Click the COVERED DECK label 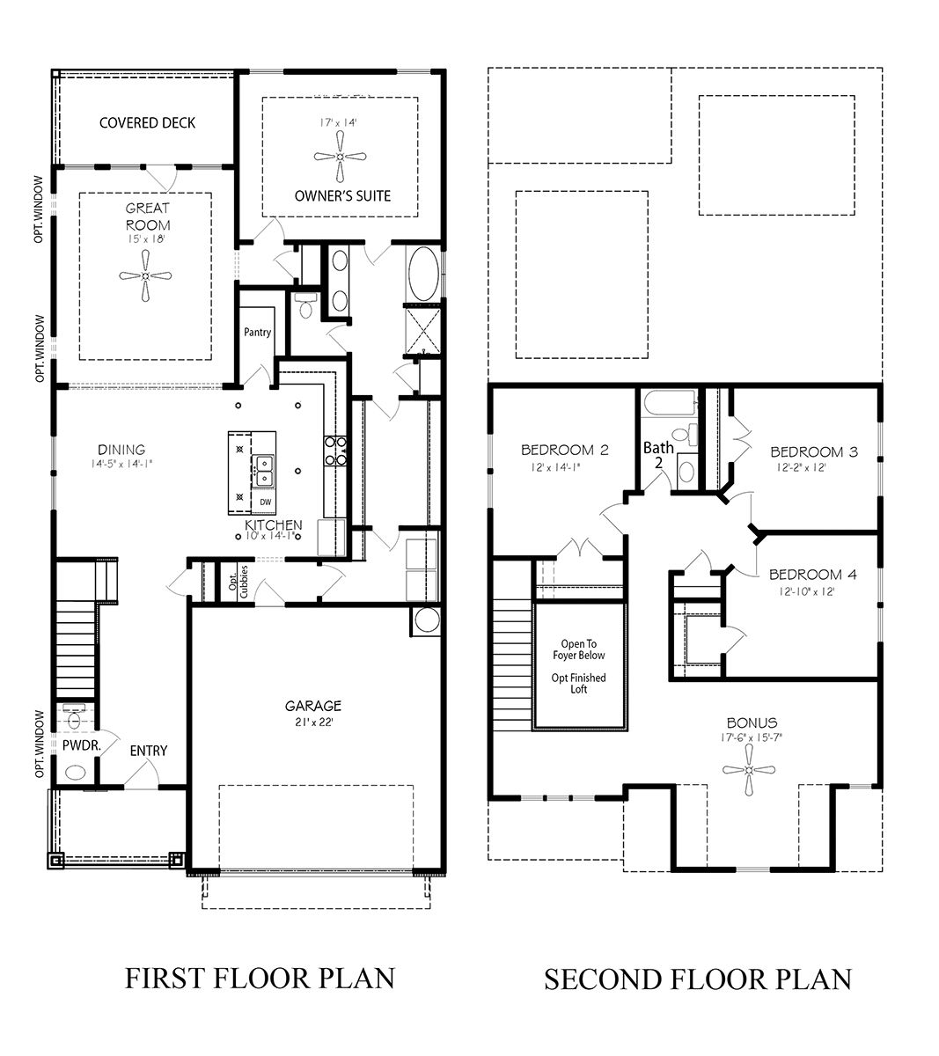[x=147, y=122]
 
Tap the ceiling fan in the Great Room [x=145, y=276]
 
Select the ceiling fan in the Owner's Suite [x=340, y=157]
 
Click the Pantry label [x=258, y=333]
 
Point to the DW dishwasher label [x=265, y=502]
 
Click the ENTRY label [x=148, y=751]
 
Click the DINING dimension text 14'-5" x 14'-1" [x=121, y=464]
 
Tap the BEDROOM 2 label [x=564, y=450]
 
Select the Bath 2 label [x=658, y=455]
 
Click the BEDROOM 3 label [x=813, y=452]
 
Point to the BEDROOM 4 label [x=812, y=576]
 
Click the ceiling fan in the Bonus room [x=749, y=769]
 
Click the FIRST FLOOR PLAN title [x=260, y=978]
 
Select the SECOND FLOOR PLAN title [x=697, y=979]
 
